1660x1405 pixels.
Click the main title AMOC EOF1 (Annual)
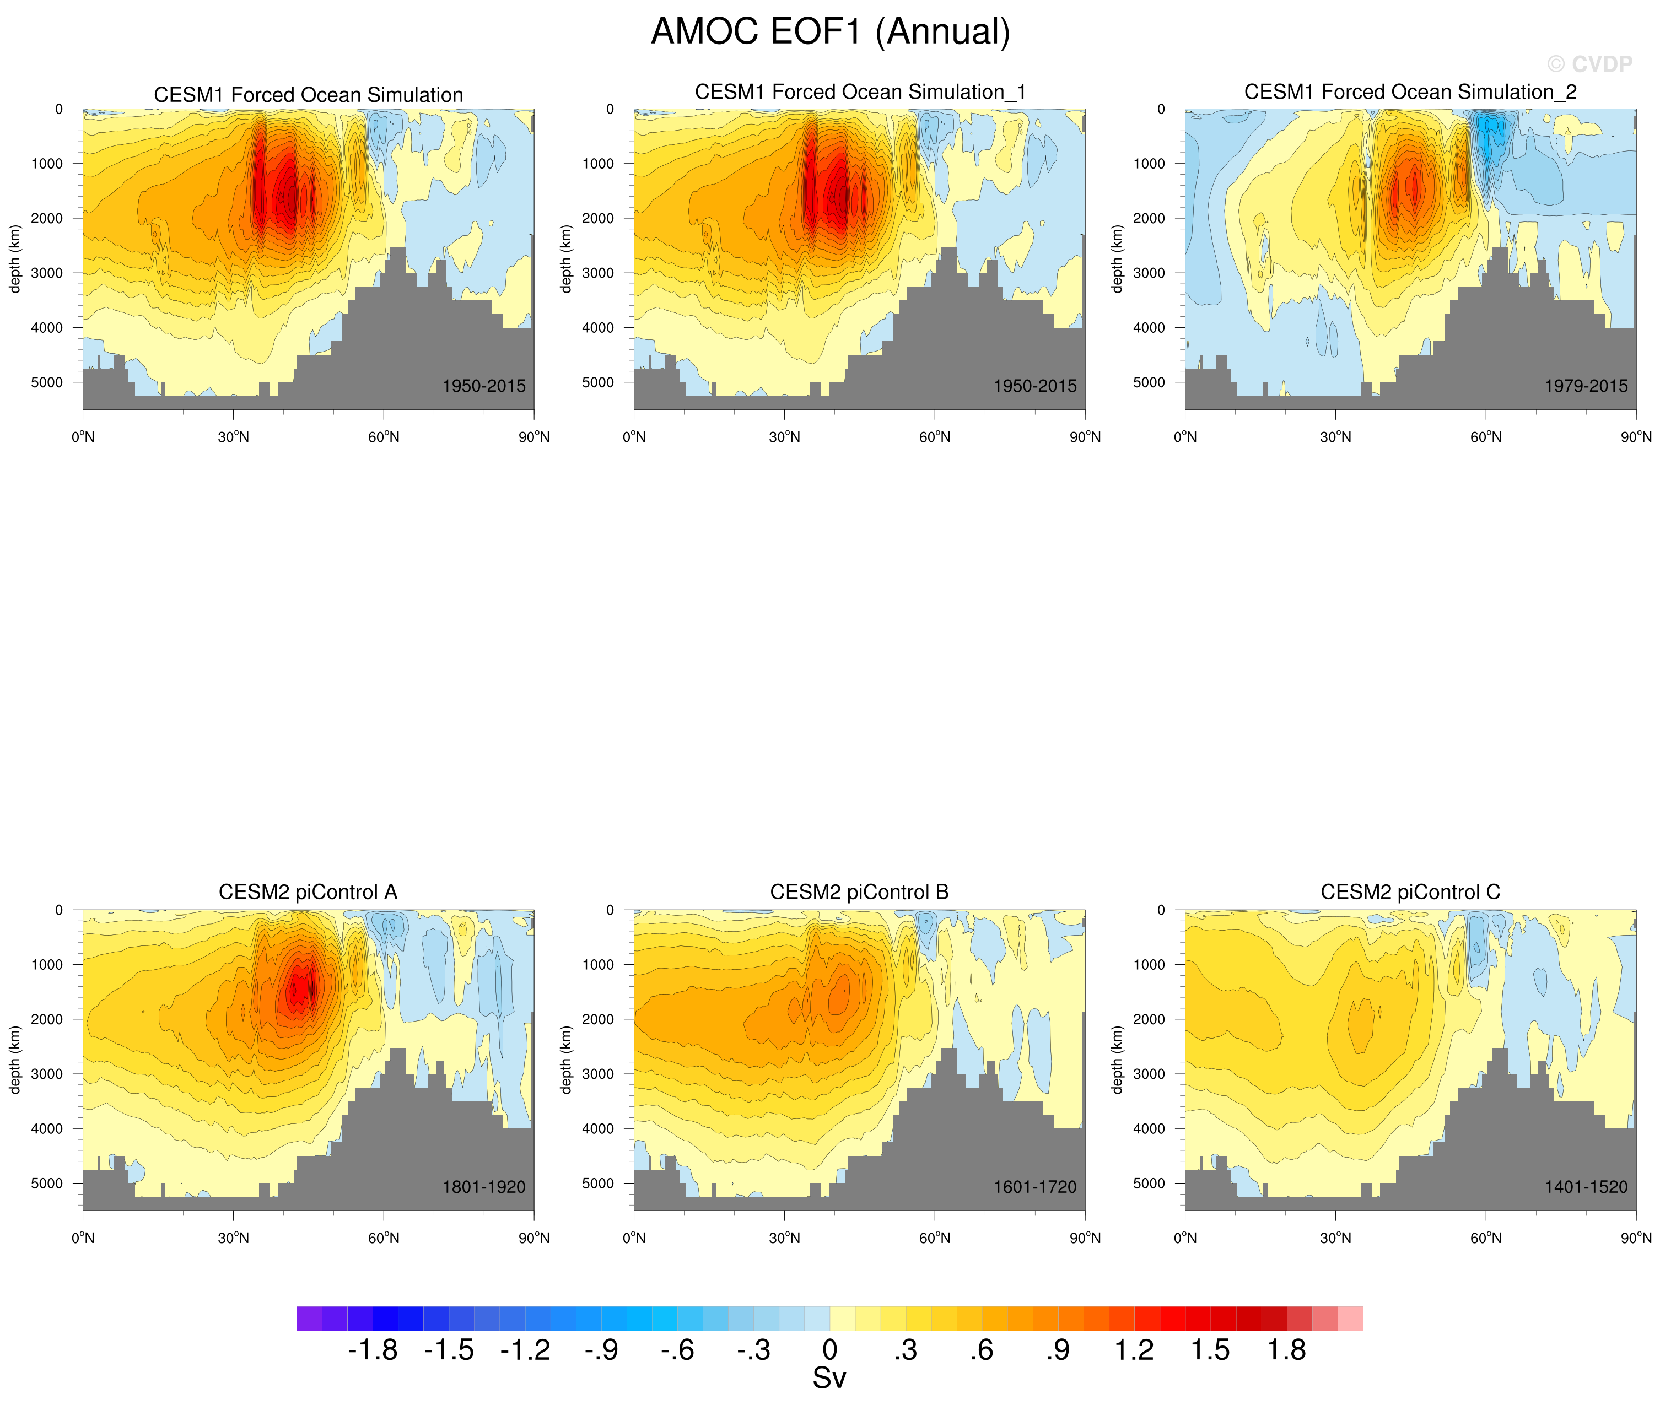coord(830,32)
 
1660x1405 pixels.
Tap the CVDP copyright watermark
coord(1589,64)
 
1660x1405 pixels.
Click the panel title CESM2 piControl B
coord(859,892)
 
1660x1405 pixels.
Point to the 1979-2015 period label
coord(1586,386)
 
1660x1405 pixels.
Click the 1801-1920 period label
coord(483,1187)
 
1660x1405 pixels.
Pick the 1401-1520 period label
coord(1586,1187)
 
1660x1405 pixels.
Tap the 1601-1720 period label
coord(1034,1187)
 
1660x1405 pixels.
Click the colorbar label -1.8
coord(373,1350)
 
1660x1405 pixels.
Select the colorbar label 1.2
coord(1134,1350)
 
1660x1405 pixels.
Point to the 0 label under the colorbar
coord(830,1350)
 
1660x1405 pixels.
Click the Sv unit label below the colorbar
coord(829,1379)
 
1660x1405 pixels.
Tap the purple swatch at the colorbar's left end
coord(309,1318)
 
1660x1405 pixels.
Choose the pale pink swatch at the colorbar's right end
coord(1350,1318)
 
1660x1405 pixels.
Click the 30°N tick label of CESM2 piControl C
coord(1336,1238)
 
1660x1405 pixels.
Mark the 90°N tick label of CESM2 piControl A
coord(533,1238)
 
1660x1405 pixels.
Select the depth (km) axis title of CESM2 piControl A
coord(14,1060)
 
